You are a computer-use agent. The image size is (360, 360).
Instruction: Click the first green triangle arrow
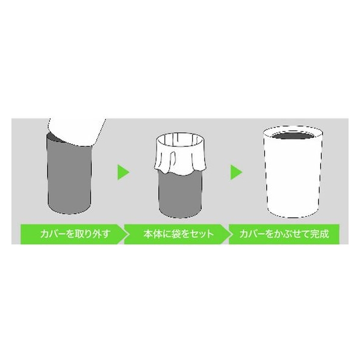tap(123, 172)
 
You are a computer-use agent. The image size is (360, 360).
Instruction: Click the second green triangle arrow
tap(236, 172)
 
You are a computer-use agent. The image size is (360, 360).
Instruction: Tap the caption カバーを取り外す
tap(75, 234)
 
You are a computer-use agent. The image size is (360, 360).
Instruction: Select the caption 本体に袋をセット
tap(178, 234)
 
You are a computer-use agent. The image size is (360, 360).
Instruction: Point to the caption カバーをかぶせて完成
tap(284, 234)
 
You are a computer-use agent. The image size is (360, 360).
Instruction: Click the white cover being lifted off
tap(77, 131)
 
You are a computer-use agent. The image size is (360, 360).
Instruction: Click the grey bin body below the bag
tap(181, 195)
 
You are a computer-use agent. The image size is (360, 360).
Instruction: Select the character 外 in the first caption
tap(96, 234)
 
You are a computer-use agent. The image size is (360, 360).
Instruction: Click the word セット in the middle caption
tap(202, 234)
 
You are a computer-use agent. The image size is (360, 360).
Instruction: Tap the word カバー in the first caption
tap(52, 234)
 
